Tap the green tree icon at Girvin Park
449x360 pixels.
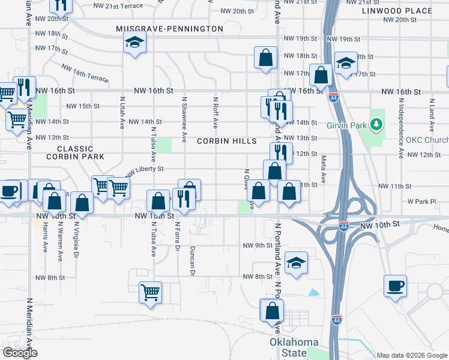click(x=376, y=124)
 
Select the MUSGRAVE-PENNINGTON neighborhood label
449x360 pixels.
click(x=170, y=29)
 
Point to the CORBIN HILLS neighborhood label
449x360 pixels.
click(x=227, y=141)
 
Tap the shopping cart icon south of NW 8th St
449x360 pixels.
click(x=150, y=292)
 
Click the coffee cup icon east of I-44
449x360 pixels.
click(x=395, y=286)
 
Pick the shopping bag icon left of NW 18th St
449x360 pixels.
click(x=265, y=58)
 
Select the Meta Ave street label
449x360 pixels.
click(x=324, y=170)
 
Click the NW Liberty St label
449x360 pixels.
click(x=144, y=172)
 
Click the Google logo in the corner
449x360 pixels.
click(x=20, y=353)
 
